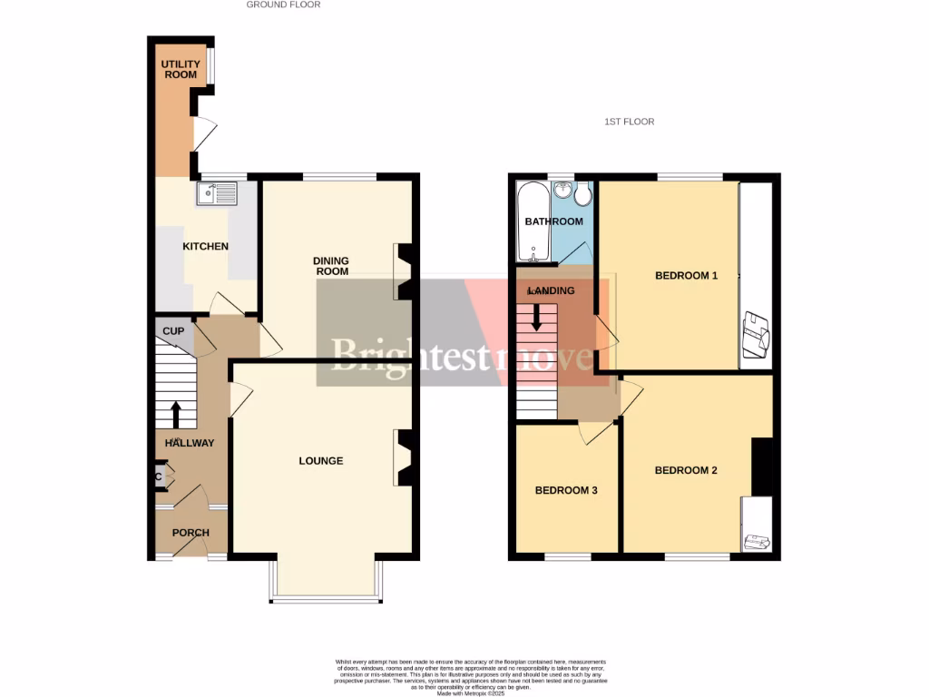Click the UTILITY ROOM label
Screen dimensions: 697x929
click(x=180, y=69)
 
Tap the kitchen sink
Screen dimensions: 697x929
click(x=215, y=192)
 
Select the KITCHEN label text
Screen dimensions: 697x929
click(x=206, y=247)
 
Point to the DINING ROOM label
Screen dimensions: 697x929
click(x=331, y=266)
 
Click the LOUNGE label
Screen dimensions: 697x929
click(x=321, y=461)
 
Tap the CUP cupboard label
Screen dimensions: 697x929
click(x=173, y=331)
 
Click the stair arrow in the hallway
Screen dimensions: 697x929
click(x=176, y=414)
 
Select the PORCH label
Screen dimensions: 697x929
click(x=191, y=533)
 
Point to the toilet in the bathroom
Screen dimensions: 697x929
click(x=582, y=193)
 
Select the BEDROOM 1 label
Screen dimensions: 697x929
click(x=687, y=276)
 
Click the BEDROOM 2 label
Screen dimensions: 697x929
click(x=686, y=470)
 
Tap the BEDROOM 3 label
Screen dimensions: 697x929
click(x=566, y=491)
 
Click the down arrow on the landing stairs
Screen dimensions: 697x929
click(x=536, y=315)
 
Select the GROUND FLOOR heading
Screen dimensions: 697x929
click(x=284, y=5)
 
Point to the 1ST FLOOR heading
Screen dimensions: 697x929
click(x=630, y=122)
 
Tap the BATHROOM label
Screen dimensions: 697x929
click(x=553, y=221)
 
